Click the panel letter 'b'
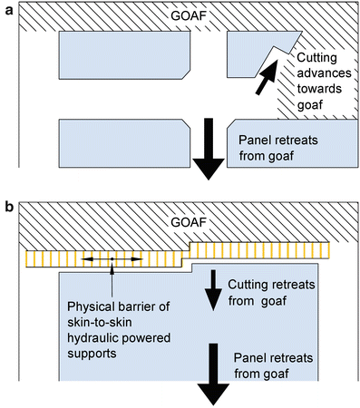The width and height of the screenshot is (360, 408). click(x=8, y=209)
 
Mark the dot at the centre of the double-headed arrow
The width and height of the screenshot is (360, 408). click(x=112, y=259)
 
